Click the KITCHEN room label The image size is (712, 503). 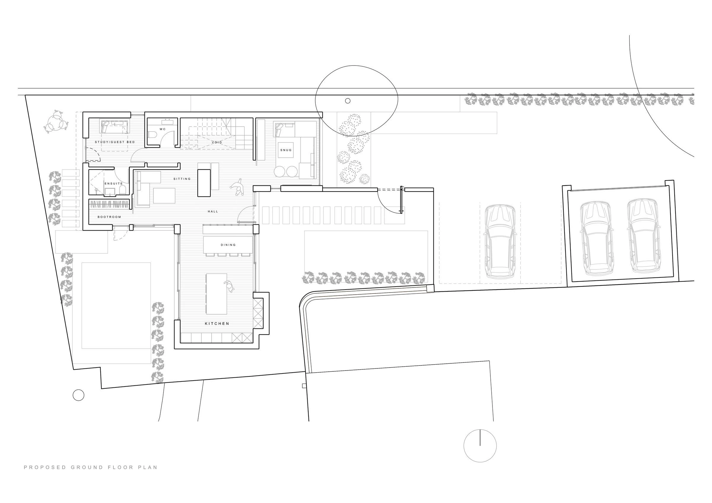(x=217, y=324)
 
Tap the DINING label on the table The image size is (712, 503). (x=228, y=245)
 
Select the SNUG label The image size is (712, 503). (x=286, y=150)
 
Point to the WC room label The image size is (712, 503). (x=163, y=129)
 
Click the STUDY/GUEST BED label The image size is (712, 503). (x=115, y=142)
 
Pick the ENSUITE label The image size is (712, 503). (x=114, y=183)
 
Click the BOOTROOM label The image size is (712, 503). (x=109, y=217)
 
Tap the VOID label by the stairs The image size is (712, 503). (x=217, y=142)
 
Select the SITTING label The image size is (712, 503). (x=182, y=179)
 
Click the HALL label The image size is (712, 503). (x=213, y=211)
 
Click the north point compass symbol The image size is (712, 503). (x=480, y=446)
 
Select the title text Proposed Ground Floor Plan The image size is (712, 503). (x=90, y=467)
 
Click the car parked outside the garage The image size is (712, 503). (x=500, y=241)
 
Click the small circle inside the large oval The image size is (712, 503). (x=348, y=101)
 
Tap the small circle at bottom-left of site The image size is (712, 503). (x=78, y=395)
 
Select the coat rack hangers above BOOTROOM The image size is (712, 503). (x=109, y=205)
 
